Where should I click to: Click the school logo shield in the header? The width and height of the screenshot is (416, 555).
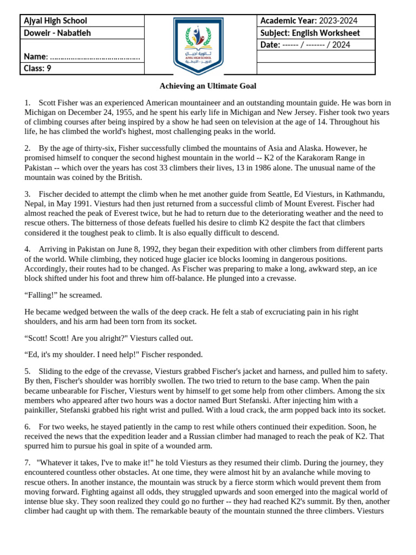coord(199,46)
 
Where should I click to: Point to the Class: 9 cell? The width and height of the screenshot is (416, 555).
coord(37,68)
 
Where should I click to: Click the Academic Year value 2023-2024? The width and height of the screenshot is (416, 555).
coord(339,21)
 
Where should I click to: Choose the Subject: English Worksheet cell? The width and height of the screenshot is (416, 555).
coord(310,33)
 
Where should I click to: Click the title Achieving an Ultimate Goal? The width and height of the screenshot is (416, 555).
coord(207,86)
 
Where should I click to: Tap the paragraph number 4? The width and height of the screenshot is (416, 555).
coord(27,249)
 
